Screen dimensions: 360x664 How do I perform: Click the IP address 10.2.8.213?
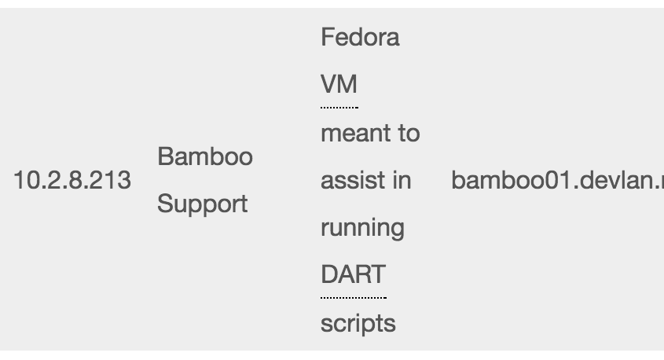(72, 181)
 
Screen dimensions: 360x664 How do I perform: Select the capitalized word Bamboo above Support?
(205, 156)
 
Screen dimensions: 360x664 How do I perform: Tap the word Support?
(203, 204)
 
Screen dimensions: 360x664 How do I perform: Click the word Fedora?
(360, 38)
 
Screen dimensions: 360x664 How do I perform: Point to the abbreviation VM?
(339, 85)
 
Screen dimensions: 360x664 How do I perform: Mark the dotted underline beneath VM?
(339, 105)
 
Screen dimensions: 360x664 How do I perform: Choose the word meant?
(350, 134)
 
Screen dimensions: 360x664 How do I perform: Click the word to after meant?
(408, 134)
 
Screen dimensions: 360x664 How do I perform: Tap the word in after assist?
(401, 181)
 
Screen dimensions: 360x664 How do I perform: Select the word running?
(362, 229)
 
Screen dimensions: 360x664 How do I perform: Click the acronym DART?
(353, 275)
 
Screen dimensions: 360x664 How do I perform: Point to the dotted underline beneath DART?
(353, 297)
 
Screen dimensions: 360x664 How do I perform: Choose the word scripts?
(358, 323)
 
